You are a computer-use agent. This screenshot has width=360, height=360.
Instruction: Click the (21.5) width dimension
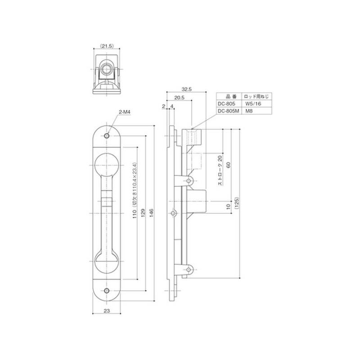[107, 46]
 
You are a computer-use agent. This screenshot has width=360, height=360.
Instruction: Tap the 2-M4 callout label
[124, 111]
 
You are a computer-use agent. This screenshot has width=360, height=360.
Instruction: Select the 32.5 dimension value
[187, 90]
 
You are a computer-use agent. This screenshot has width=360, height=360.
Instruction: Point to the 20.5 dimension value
[179, 98]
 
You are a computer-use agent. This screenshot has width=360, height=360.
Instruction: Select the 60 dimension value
[228, 165]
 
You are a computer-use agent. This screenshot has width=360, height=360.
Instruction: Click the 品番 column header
[228, 96]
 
